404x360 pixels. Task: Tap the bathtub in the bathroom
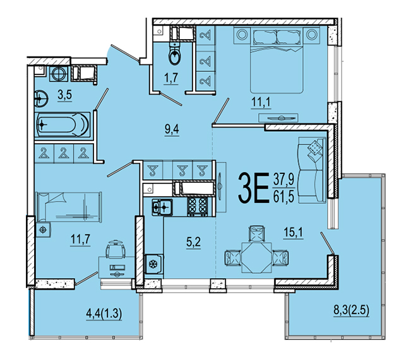pyautogui.click(x=62, y=125)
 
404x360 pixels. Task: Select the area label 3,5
pyautogui.click(x=64, y=95)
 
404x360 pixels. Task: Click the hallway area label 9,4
pyautogui.click(x=172, y=129)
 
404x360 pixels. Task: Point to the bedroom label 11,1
pyautogui.click(x=261, y=102)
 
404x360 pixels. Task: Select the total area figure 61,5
pyautogui.click(x=283, y=197)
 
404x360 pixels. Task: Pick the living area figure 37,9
pyautogui.click(x=283, y=179)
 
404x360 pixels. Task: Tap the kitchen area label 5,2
pyautogui.click(x=193, y=242)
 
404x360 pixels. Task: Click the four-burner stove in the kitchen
pyautogui.click(x=198, y=206)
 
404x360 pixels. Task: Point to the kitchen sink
pyautogui.click(x=162, y=207)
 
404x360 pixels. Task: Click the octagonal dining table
pyautogui.click(x=256, y=257)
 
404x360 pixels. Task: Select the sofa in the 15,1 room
pyautogui.click(x=312, y=170)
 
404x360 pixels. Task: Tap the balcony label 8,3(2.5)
pyautogui.click(x=352, y=310)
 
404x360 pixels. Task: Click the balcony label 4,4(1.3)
pyautogui.click(x=104, y=313)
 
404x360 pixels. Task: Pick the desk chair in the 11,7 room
pyautogui.click(x=116, y=249)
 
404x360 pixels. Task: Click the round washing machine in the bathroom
pyautogui.click(x=59, y=74)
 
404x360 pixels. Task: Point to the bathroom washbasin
pyautogui.click(x=40, y=98)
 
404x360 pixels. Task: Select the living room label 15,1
pyautogui.click(x=293, y=233)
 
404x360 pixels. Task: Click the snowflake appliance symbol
pyautogui.click(x=153, y=264)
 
